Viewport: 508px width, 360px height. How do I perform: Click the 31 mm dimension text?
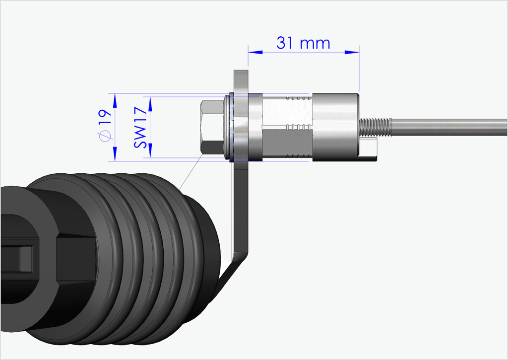(303, 43)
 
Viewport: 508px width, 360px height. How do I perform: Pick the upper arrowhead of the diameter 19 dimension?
(115, 100)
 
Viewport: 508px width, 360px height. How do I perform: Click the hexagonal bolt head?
(211, 127)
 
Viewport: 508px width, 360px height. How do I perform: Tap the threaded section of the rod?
(375, 127)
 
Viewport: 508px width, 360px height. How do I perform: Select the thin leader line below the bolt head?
(191, 171)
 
